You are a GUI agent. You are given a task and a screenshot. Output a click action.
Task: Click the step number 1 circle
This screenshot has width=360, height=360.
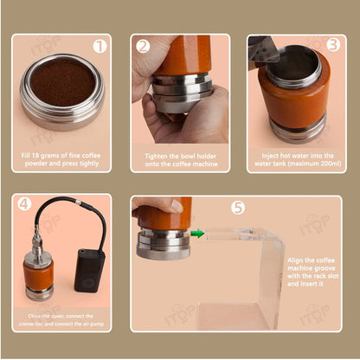tap(100, 46)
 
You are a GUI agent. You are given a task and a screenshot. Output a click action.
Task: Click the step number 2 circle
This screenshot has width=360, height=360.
tap(144, 46)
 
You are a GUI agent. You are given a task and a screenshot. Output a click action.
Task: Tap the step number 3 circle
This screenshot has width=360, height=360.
tap(331, 45)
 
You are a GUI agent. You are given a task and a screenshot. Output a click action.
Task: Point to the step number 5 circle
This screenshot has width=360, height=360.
tap(238, 208)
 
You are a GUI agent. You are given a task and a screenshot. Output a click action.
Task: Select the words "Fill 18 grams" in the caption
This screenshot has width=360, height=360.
tap(44, 155)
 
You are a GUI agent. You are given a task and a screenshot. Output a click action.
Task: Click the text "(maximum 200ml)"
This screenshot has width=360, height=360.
tap(294, 164)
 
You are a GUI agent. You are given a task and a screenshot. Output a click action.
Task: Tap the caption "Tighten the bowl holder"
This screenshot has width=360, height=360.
tap(180, 155)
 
